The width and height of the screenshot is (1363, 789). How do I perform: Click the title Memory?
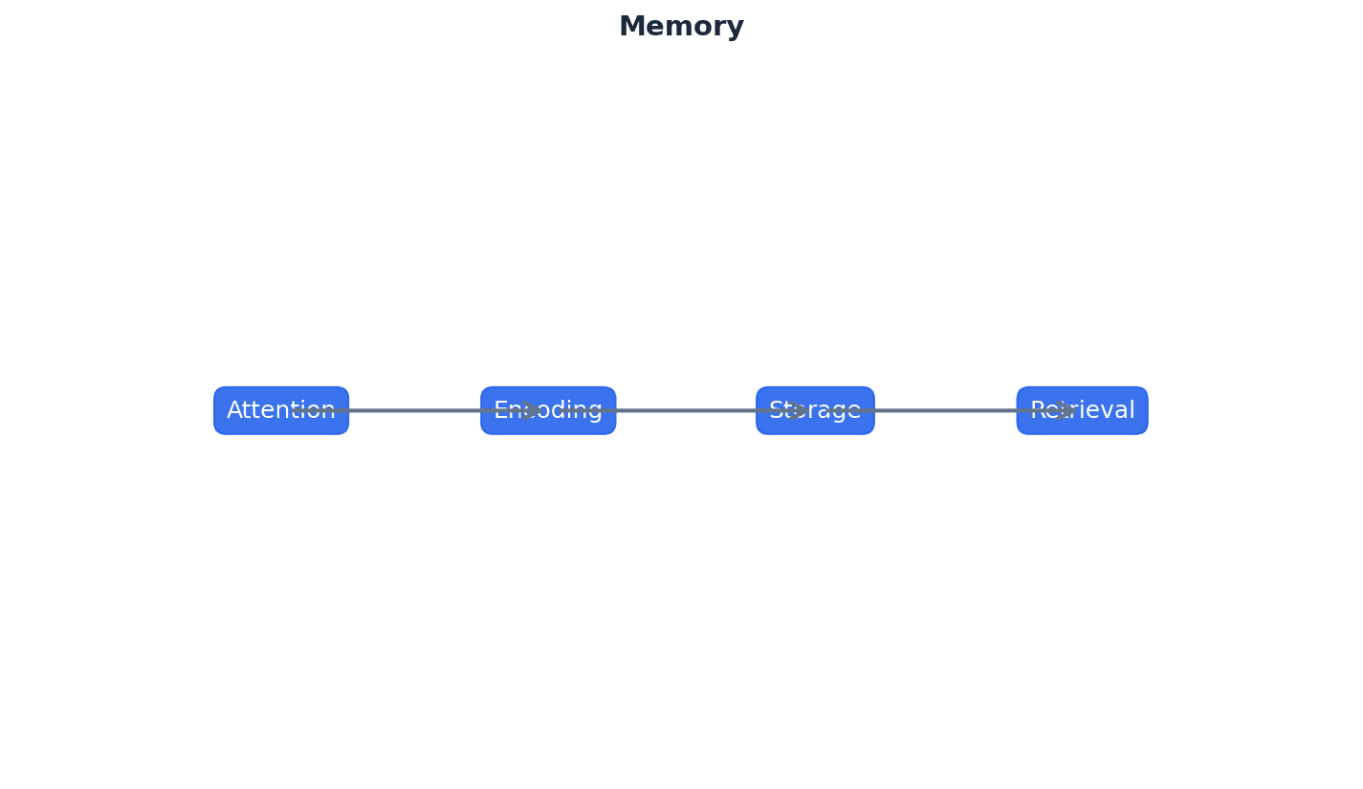pos(681,27)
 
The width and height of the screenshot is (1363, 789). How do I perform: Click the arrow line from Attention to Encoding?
pos(411,410)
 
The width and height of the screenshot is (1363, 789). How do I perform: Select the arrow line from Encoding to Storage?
pos(684,410)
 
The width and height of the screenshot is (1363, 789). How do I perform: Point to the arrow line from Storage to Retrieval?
pos(947,410)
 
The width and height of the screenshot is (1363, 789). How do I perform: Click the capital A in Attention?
pos(234,410)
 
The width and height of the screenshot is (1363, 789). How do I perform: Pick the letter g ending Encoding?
pos(595,412)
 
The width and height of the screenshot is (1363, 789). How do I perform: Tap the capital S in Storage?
pos(776,410)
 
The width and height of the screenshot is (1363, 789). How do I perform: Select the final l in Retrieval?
pos(1132,409)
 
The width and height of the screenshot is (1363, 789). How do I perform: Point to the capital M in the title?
pos(630,27)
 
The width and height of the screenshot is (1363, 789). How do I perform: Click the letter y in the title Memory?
pos(736,29)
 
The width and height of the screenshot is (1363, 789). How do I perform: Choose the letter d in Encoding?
pos(556,410)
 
